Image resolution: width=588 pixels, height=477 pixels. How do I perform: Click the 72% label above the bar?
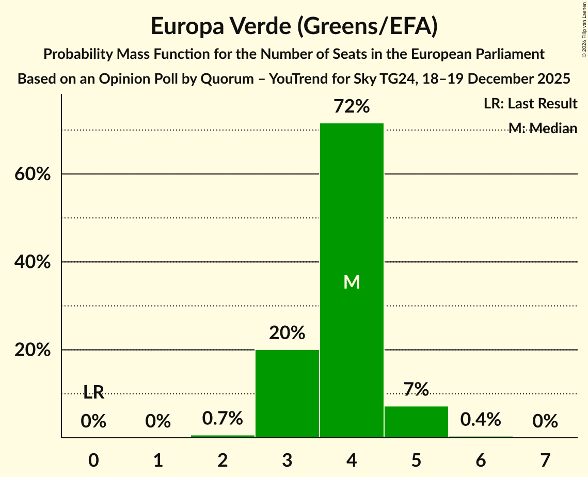point(352,107)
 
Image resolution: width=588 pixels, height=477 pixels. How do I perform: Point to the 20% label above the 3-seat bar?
point(287,333)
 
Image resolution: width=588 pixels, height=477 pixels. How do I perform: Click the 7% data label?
point(416,389)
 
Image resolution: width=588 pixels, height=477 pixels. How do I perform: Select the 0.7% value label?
point(223,419)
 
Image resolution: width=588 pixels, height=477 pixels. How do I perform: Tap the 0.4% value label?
point(481,420)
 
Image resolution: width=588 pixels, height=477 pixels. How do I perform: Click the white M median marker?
point(352,282)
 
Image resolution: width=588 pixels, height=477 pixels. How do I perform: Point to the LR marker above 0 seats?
point(93,393)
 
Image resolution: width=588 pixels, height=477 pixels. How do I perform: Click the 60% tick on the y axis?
point(32,174)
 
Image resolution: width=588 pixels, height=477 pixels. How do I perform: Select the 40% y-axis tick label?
point(32,262)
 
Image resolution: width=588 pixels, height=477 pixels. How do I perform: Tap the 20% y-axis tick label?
point(32,350)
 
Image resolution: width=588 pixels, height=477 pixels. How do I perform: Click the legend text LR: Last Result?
point(530,104)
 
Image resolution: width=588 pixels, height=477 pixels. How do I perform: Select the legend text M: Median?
point(543,128)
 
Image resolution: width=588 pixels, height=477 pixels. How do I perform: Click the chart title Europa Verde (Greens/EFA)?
point(294,26)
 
